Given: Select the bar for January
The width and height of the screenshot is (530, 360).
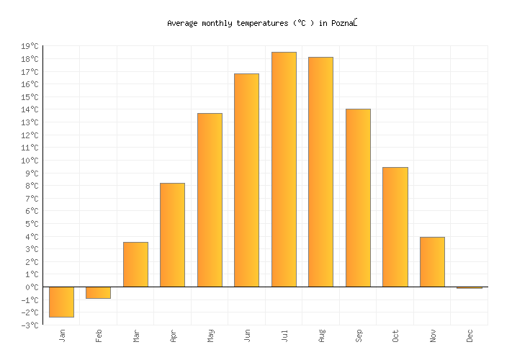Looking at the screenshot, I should point(61,302).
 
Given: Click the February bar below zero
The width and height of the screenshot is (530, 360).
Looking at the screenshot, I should point(99,292).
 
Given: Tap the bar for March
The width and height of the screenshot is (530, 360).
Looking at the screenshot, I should point(135,264).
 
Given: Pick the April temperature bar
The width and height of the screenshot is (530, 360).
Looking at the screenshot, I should point(172,235).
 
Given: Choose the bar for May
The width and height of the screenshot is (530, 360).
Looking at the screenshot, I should point(210,199).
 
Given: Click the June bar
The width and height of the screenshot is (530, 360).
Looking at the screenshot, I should point(246,180).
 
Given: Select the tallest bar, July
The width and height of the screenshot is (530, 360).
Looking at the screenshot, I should point(284,169).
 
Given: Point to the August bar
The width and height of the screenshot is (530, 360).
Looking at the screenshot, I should point(320,171).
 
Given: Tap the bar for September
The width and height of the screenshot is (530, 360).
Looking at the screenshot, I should point(358,197).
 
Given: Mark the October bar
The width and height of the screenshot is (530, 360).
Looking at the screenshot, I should point(395,227).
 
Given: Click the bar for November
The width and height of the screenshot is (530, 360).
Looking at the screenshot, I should point(432,261).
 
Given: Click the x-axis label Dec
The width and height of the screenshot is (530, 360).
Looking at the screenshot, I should point(470,336).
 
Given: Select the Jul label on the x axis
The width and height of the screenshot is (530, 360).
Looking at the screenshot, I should point(284,335).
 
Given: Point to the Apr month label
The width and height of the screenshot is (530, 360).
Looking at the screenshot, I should point(174,336).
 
